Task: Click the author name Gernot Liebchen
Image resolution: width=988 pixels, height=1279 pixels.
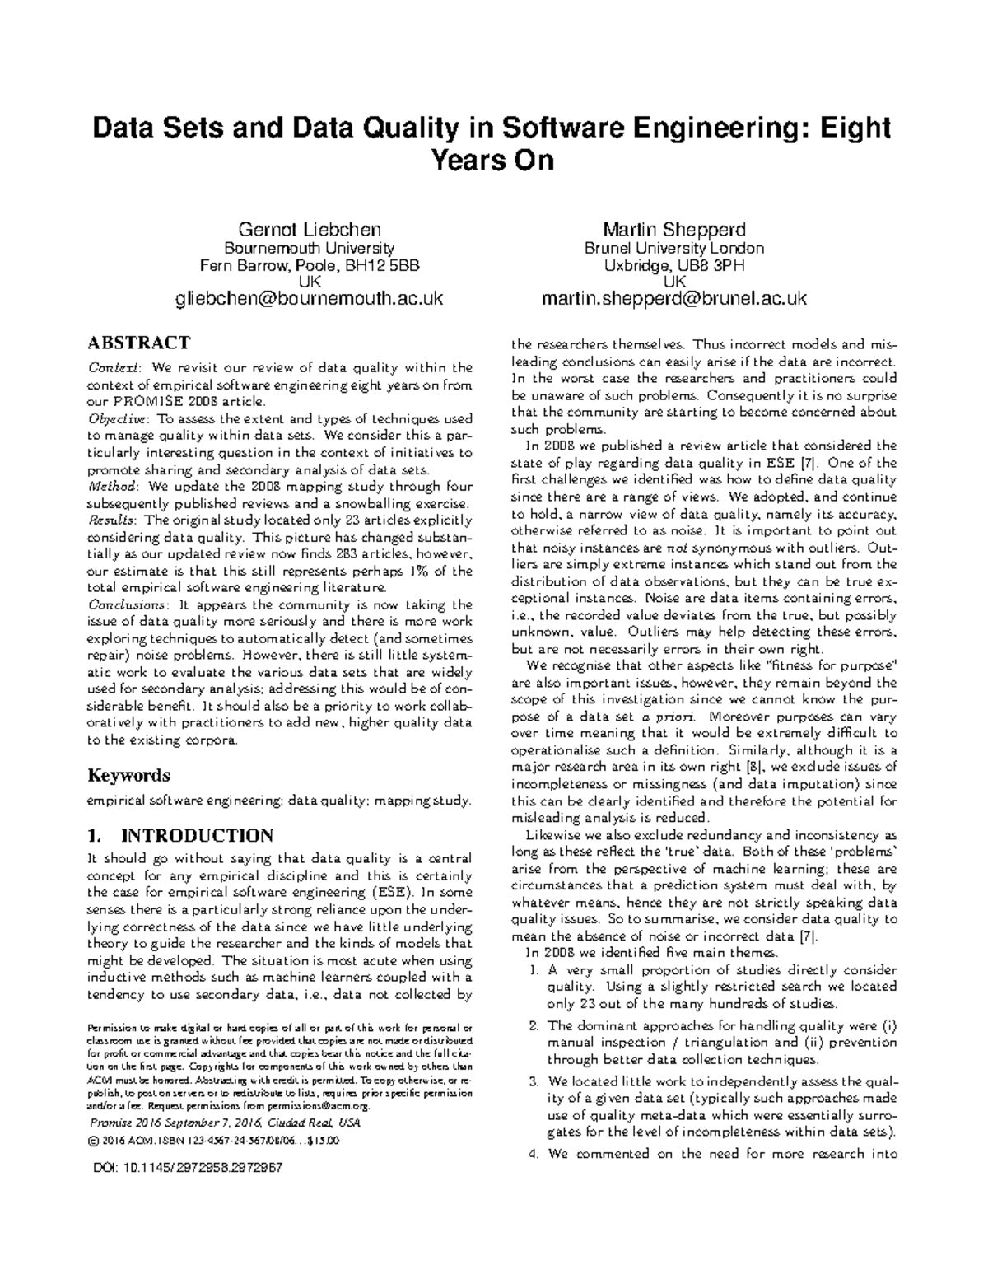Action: pyautogui.click(x=309, y=229)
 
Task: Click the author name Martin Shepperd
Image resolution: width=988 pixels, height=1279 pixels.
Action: pyautogui.click(x=673, y=229)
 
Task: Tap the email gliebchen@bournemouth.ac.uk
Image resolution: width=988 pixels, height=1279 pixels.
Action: pyautogui.click(x=309, y=299)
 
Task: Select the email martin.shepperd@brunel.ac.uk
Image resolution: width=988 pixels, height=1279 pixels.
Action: pyautogui.click(x=673, y=299)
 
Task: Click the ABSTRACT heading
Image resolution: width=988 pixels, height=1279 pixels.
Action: pyautogui.click(x=139, y=343)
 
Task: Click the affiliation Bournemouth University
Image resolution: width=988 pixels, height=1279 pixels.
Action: pyautogui.click(x=309, y=248)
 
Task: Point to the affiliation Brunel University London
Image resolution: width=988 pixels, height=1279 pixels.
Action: pyautogui.click(x=673, y=248)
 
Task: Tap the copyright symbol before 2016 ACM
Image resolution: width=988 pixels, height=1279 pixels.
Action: pyautogui.click(x=91, y=1141)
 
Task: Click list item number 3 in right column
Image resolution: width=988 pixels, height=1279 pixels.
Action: pyautogui.click(x=533, y=1081)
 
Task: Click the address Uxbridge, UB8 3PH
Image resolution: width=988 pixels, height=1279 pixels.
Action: pyautogui.click(x=673, y=265)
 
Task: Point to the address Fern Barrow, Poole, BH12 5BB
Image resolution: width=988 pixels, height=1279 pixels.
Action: pyautogui.click(x=309, y=265)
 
